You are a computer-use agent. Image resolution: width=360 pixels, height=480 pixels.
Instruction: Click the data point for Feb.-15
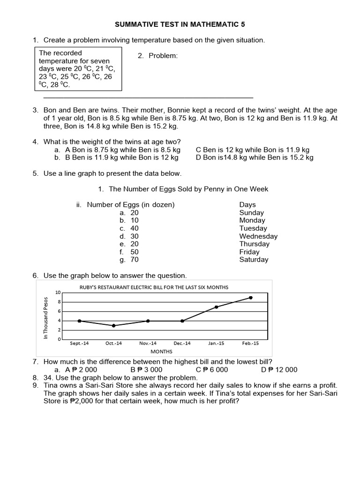pyautogui.click(x=251, y=298)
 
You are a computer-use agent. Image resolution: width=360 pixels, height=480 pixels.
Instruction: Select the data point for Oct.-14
pyautogui.click(x=113, y=325)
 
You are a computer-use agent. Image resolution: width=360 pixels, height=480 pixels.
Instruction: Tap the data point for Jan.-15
pyautogui.click(x=217, y=307)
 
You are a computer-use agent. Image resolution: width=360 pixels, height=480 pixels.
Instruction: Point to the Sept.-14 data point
pyautogui.click(x=79, y=321)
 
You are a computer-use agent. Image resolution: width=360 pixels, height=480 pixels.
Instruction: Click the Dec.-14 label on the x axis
pyautogui.click(x=182, y=344)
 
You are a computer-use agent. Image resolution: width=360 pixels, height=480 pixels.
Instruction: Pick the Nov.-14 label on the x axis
pyautogui.click(x=148, y=344)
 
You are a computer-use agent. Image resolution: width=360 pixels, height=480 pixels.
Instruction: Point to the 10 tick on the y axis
pyautogui.click(x=58, y=292)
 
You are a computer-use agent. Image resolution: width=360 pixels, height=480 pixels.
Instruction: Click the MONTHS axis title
pyautogui.click(x=161, y=352)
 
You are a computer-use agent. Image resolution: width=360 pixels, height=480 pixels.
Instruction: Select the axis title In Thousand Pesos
pyautogui.click(x=46, y=318)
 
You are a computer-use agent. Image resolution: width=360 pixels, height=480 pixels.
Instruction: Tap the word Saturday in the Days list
pyautogui.click(x=254, y=260)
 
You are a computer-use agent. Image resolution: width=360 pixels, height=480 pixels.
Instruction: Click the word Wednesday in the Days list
pyautogui.click(x=258, y=236)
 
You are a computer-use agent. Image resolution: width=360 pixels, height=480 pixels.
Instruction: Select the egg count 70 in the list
pyautogui.click(x=135, y=260)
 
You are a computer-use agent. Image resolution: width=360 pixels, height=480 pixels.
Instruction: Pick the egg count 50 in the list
pyautogui.click(x=135, y=252)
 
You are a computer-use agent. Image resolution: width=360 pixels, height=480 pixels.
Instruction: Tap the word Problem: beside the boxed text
pyautogui.click(x=163, y=56)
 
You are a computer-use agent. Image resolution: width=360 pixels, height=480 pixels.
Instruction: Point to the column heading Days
pyautogui.click(x=247, y=205)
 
